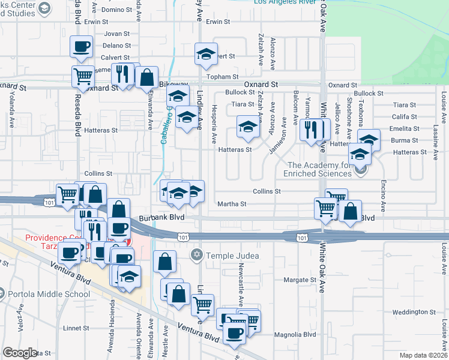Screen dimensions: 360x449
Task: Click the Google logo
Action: pos(20,352)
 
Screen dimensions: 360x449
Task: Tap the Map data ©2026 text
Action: pos(423,355)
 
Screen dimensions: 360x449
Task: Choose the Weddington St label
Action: pos(414,312)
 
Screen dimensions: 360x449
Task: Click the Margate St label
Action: pos(300,280)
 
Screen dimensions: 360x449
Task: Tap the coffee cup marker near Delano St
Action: pos(81,46)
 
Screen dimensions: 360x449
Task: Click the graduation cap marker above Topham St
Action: pos(206,54)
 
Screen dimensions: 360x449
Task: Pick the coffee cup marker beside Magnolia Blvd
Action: pos(235,333)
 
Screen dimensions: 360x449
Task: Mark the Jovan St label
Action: pos(116,34)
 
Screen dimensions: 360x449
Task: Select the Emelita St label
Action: pos(404,129)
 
